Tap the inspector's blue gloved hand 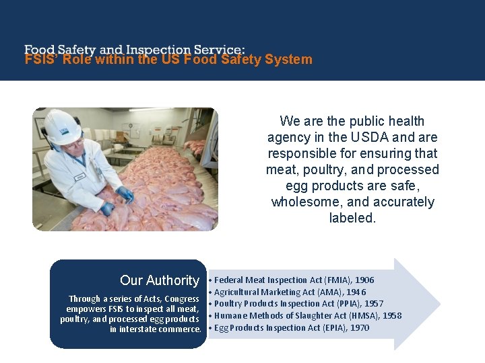coord(125,195)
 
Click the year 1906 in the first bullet coord(364,280)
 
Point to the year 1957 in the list coord(374,304)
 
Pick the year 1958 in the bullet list coord(391,316)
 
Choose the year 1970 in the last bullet coord(359,328)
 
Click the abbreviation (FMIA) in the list coord(333,280)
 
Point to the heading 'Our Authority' coord(160,280)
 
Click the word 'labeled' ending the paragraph coord(351,218)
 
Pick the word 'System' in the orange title coord(288,59)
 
